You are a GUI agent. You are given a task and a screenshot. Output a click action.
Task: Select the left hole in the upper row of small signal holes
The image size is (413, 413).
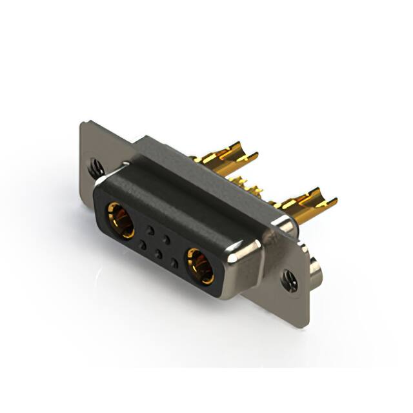150,230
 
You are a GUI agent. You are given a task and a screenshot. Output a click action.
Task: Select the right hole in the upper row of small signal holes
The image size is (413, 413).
166,239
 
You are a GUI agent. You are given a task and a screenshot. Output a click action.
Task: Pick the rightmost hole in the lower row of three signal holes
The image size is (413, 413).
175,263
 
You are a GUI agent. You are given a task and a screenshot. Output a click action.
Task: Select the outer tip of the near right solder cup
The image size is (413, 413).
334,201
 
